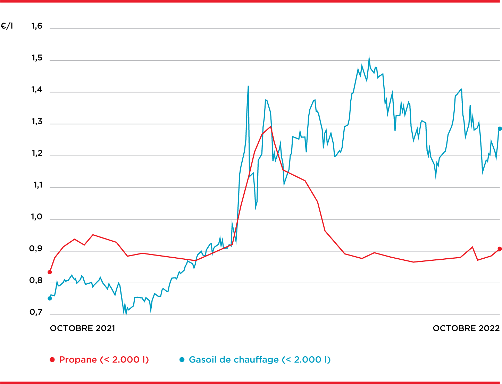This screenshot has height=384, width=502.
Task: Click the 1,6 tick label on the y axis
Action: (36, 26)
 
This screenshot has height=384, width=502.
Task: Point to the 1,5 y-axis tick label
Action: (36, 58)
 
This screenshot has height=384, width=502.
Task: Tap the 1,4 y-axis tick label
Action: (36, 90)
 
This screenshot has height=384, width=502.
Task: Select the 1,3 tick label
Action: (36, 122)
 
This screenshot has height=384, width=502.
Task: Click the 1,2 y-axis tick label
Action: (36, 153)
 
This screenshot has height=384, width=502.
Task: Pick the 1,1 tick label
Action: (37, 185)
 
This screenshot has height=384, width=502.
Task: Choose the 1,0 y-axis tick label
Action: (36, 217)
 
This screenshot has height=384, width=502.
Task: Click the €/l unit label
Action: (7, 26)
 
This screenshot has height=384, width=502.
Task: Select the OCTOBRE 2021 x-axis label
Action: (82, 328)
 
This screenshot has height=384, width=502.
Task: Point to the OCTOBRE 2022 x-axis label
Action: (466, 328)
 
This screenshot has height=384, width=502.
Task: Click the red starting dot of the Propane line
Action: (50, 272)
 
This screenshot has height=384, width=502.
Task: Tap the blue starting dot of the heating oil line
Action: (50, 298)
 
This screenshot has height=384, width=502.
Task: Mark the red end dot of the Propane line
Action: (500, 249)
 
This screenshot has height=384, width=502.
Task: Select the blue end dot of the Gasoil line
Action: (500, 129)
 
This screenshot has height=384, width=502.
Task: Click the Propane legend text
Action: (104, 360)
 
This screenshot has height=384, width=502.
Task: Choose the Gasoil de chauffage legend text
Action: (260, 360)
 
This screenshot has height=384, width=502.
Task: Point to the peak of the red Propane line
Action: (270, 126)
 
